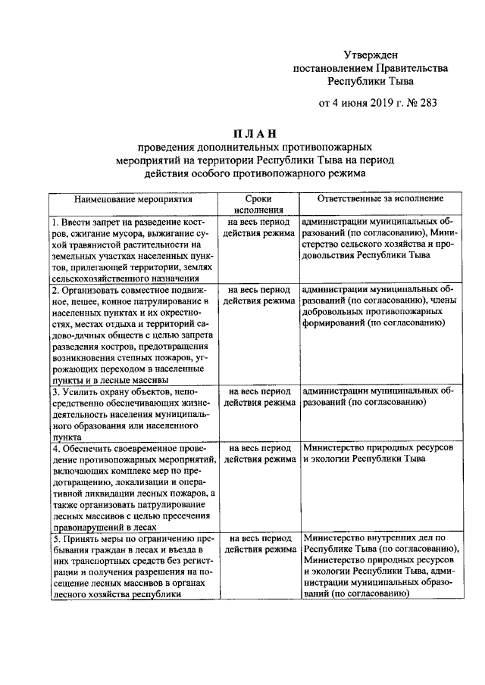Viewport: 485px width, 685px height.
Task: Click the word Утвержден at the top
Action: (370, 54)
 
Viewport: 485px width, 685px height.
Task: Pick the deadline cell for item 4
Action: (258, 454)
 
